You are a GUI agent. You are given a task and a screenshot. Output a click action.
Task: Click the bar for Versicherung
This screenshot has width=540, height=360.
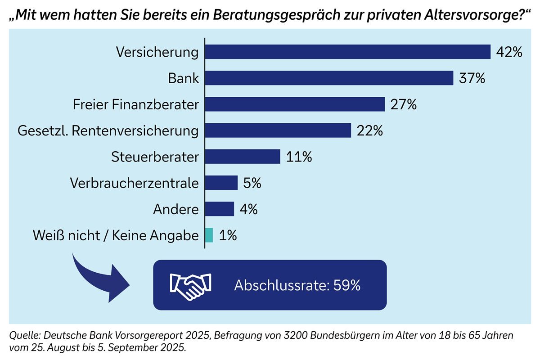[347, 52]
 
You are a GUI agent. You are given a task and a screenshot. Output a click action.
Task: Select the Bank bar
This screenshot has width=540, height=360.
[329, 78]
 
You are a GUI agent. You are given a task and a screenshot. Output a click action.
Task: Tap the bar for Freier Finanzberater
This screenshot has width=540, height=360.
[295, 104]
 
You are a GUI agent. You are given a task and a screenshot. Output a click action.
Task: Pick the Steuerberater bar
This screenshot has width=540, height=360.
[243, 157]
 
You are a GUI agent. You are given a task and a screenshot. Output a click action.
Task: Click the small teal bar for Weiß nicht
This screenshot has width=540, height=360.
[209, 235]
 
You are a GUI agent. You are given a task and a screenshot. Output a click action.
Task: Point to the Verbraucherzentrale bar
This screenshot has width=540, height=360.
[221, 183]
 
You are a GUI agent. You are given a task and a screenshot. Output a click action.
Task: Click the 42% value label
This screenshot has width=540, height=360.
[509, 52]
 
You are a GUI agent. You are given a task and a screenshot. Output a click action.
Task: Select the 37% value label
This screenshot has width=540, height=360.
[472, 78]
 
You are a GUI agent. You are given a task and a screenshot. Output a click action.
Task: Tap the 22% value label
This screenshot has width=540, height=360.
[369, 130]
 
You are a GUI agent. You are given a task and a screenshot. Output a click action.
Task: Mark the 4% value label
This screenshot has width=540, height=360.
[248, 209]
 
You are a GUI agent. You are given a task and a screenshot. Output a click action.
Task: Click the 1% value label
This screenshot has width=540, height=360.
[228, 235]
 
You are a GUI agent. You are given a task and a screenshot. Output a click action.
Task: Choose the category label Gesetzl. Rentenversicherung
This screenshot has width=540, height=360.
[108, 130]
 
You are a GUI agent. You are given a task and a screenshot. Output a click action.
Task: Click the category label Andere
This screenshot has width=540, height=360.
[176, 209]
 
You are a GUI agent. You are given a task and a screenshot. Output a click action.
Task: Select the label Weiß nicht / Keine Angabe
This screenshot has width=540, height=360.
[116, 235]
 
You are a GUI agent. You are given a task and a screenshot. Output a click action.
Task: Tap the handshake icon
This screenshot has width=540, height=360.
[190, 285]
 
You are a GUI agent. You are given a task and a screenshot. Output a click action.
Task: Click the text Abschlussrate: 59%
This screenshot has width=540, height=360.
[297, 285]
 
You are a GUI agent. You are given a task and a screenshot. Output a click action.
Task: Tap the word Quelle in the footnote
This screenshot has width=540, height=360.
[23, 336]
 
